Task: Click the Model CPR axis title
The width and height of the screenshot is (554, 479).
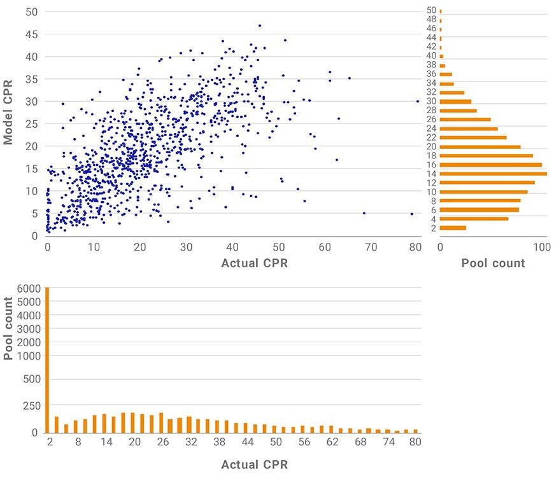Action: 8,112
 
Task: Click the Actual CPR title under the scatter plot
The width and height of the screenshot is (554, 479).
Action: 254,263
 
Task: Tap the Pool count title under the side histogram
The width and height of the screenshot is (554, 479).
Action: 494,263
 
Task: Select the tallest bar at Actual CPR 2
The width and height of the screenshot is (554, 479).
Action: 47,360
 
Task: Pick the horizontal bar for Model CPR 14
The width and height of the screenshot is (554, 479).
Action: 494,174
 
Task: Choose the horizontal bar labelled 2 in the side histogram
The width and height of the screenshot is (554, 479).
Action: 453,228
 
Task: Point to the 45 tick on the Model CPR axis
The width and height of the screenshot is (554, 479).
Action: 31,34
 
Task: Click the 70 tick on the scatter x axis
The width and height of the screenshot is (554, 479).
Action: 371,247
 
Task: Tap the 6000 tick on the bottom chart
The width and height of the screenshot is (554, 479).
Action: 29,288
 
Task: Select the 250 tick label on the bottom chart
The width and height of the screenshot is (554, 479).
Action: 32,406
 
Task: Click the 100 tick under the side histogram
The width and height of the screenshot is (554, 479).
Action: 542,247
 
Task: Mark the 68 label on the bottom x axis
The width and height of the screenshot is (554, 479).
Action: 360,441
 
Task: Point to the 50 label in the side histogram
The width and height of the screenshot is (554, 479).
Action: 431,10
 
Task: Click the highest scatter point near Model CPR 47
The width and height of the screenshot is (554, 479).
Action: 260,26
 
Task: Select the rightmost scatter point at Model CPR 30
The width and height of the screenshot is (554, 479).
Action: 418,101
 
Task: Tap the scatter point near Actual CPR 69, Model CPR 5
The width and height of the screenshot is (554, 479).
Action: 364,213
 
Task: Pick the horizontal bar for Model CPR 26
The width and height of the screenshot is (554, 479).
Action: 465,120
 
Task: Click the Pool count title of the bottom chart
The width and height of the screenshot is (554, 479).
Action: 8,328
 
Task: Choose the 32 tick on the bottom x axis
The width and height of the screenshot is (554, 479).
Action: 191,441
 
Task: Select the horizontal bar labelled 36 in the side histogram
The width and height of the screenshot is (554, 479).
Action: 446,74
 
